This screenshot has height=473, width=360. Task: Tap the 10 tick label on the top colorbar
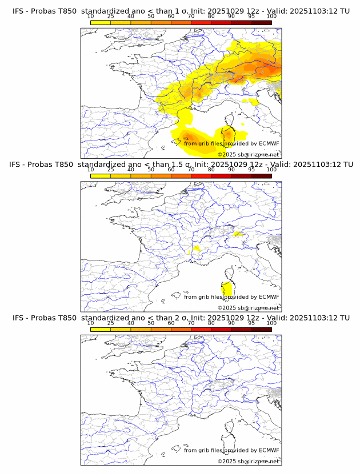(91, 16)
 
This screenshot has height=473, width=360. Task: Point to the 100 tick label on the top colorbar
(271, 16)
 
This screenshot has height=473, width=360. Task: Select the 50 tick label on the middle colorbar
(151, 170)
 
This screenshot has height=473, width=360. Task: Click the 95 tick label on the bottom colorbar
(251, 323)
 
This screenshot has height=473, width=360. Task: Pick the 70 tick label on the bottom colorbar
(191, 323)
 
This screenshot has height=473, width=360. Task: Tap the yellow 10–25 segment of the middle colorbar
(101, 175)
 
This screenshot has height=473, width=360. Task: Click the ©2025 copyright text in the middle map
(249, 308)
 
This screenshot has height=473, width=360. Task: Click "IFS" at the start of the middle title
(19, 165)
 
